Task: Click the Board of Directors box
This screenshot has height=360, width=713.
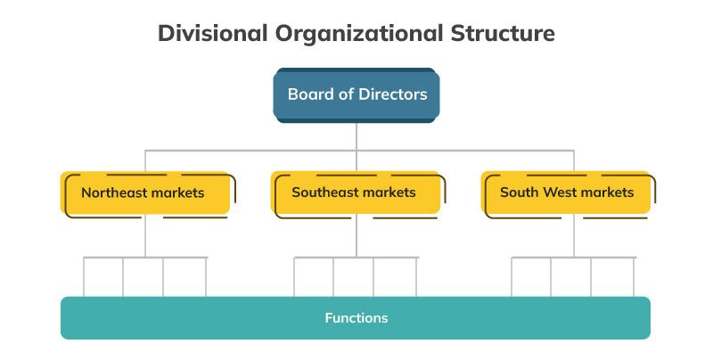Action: coord(356,94)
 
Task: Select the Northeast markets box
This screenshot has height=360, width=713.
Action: coord(145,192)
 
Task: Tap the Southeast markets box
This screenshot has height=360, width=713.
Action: coord(356,192)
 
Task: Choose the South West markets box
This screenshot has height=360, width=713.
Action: coord(568,192)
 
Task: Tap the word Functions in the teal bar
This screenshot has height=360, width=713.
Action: coord(356,317)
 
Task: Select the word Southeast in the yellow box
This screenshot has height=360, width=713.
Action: coord(324,192)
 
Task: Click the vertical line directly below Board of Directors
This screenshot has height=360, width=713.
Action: coord(356,135)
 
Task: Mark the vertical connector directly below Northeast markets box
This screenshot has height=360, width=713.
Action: coord(145,236)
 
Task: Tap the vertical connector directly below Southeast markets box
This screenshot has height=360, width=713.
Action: coord(356,236)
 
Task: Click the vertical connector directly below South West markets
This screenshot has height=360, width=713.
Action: coord(574,236)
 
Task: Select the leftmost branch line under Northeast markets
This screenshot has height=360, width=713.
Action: coord(84,276)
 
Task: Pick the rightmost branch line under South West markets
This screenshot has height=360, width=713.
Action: coord(635,276)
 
